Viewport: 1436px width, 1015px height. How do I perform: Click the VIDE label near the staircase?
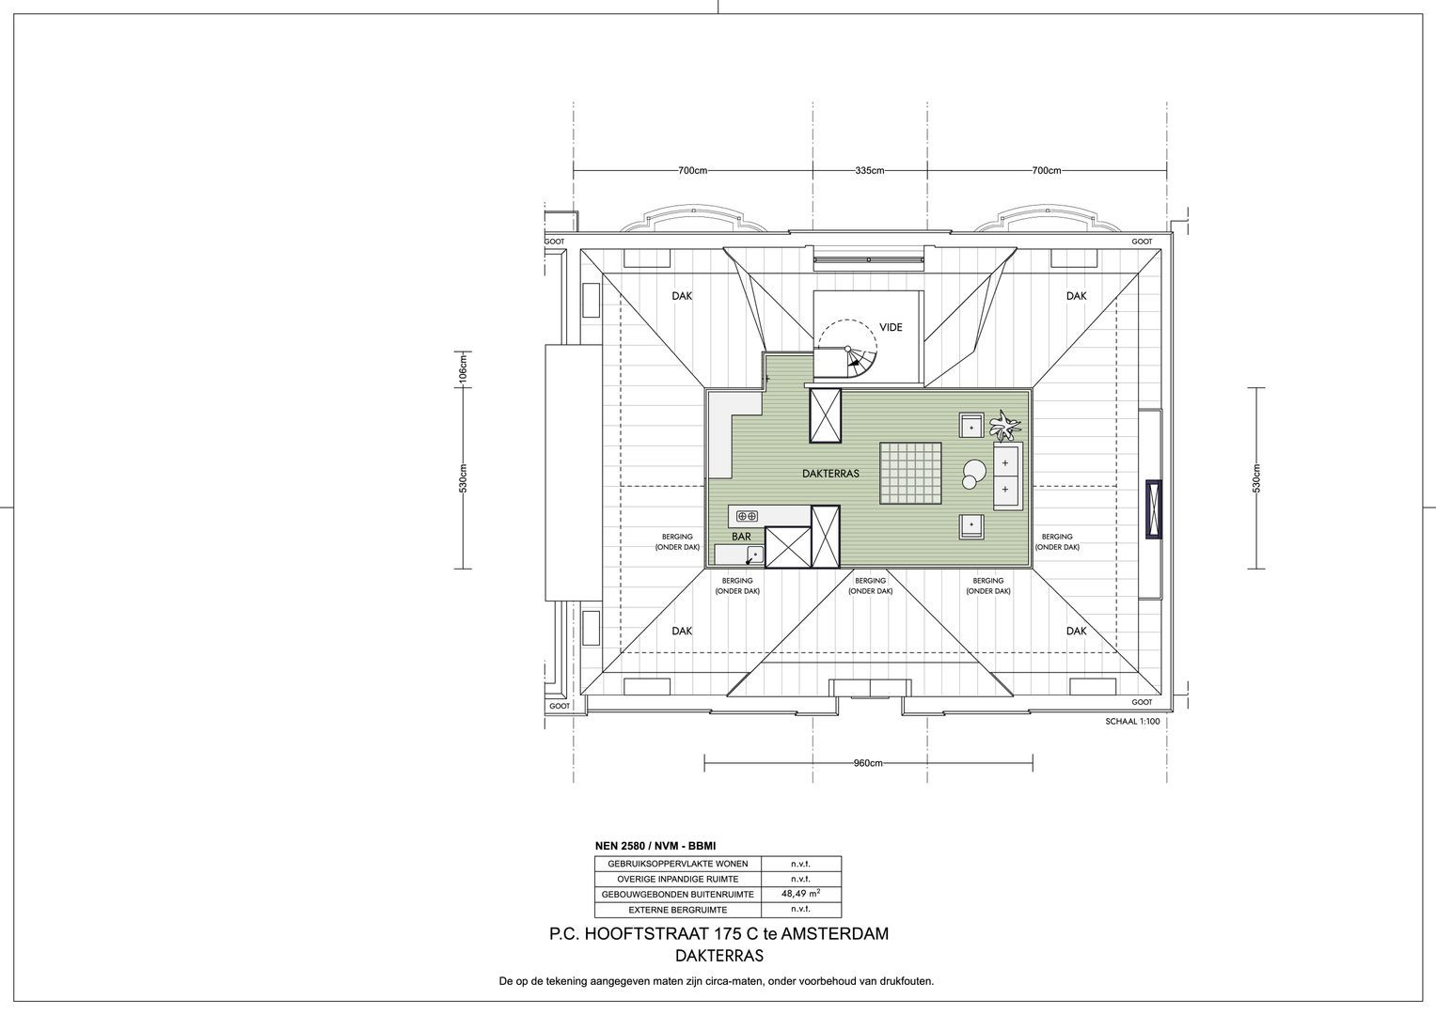891,327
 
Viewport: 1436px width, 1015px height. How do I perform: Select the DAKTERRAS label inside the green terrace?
830,475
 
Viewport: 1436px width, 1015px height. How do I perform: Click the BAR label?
741,536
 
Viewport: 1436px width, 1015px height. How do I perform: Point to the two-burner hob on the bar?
748,516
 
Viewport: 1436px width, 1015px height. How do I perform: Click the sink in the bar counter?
751,554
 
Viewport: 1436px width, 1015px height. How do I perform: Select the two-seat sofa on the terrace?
1005,476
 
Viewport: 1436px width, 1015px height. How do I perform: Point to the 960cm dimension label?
867,763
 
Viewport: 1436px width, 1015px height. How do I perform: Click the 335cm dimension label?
870,171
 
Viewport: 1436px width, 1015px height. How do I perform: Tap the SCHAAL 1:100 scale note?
1132,722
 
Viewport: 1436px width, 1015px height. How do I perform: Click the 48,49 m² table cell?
801,894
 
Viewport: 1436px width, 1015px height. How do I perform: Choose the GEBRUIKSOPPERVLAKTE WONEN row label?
678,864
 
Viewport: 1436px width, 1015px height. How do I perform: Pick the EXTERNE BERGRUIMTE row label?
678,910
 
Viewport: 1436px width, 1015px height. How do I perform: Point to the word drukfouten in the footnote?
906,981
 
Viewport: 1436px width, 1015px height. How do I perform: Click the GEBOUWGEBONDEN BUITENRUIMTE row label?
678,895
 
